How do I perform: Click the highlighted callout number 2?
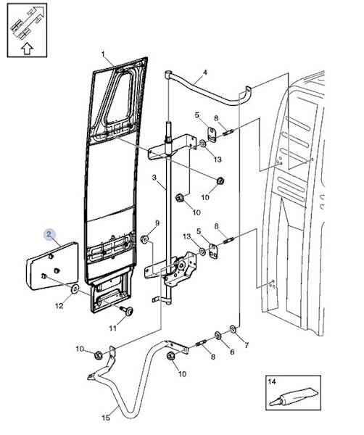[x=49, y=235]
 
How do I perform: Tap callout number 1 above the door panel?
[x=103, y=54]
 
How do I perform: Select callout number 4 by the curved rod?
[x=205, y=72]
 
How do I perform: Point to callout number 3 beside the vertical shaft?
[x=154, y=178]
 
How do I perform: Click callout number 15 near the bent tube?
[x=106, y=418]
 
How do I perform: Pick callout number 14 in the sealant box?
[x=272, y=381]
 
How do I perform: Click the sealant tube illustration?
[x=294, y=398]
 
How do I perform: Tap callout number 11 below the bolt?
[x=112, y=328]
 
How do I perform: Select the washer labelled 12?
[x=75, y=289]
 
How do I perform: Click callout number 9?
[x=157, y=223]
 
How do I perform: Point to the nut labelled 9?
[x=144, y=239]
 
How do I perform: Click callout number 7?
[x=247, y=345]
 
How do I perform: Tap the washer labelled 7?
[x=233, y=329]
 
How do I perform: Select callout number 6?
[x=232, y=352]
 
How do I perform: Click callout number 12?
[x=59, y=306]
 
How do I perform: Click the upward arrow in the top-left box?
[x=27, y=49]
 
